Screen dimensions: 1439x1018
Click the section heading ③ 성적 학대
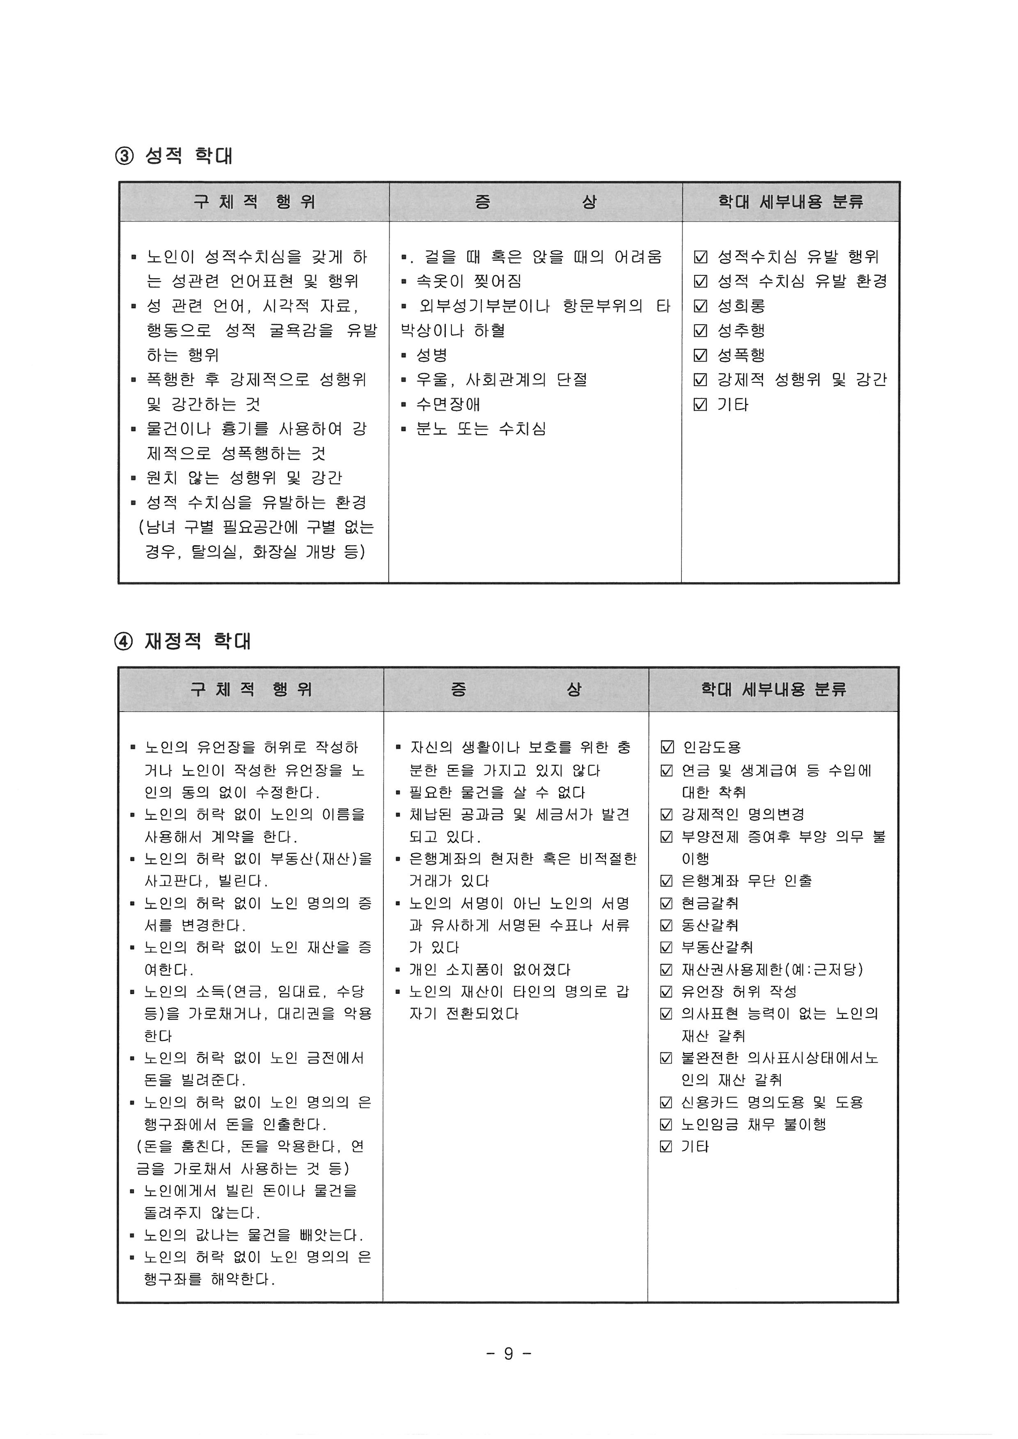pyautogui.click(x=174, y=156)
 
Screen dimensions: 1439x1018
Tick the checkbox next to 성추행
pyautogui.click(x=700, y=331)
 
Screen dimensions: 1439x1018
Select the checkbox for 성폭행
pyautogui.click(x=700, y=355)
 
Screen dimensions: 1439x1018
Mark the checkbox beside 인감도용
pyautogui.click(x=667, y=747)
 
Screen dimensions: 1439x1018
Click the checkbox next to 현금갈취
pyautogui.click(x=667, y=903)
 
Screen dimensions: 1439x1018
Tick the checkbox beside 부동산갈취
pyautogui.click(x=667, y=947)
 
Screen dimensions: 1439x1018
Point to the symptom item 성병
pyautogui.click(x=432, y=355)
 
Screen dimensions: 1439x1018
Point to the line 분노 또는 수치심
pyautogui.click(x=481, y=429)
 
